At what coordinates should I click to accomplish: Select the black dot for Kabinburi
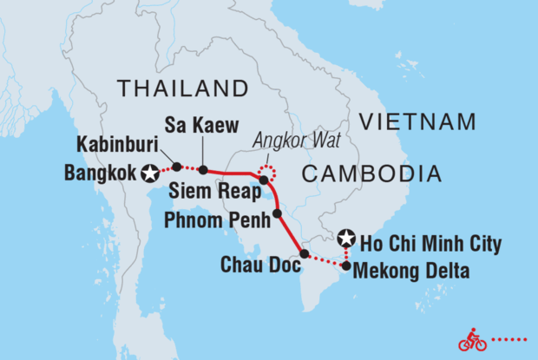click(x=177, y=167)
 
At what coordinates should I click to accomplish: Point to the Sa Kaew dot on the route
click(x=202, y=170)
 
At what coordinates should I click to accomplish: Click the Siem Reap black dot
click(x=264, y=180)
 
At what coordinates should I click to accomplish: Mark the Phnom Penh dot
click(x=277, y=213)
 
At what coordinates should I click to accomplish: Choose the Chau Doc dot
click(x=304, y=254)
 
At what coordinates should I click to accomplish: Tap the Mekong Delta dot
click(x=346, y=266)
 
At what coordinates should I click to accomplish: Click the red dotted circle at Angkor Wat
click(x=268, y=171)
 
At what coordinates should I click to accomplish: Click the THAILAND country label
click(x=183, y=88)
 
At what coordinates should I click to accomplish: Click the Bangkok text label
click(x=101, y=173)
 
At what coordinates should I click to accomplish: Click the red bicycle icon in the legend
click(x=473, y=340)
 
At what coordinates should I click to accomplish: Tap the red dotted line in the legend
click(x=512, y=340)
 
